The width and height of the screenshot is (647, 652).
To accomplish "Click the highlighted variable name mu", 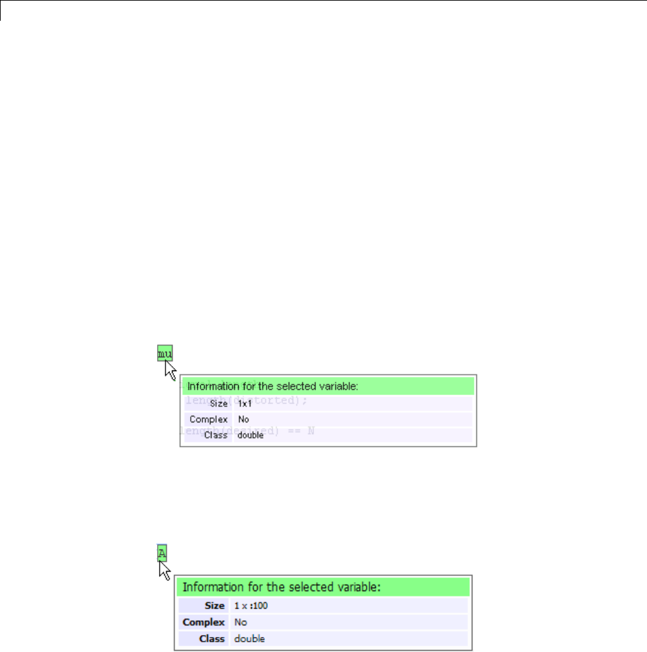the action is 164,353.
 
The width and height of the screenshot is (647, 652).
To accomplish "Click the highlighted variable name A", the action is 162,553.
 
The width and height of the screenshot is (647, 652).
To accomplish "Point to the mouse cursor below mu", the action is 171,370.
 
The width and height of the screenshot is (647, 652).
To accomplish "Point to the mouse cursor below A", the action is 165,570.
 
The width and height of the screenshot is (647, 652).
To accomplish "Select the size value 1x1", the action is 245,404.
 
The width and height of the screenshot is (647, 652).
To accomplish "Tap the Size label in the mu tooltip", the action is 218,404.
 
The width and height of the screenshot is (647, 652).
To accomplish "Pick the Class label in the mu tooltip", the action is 216,435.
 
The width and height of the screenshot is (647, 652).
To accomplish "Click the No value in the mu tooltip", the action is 243,420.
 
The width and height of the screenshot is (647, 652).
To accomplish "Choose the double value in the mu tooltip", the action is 250,435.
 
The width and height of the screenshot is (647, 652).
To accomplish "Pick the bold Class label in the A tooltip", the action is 212,638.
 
